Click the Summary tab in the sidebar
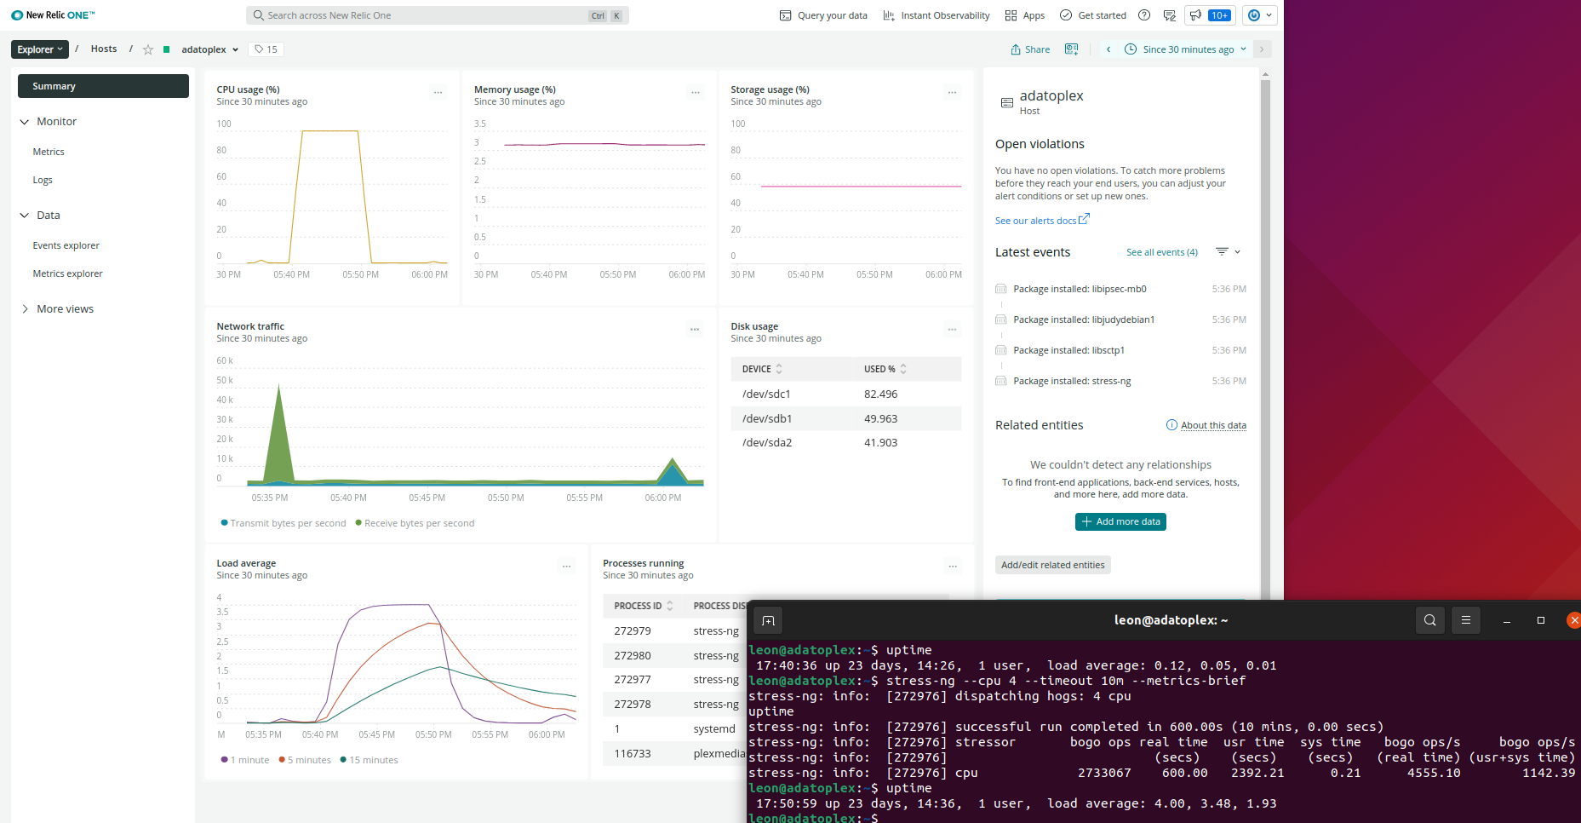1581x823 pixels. tap(103, 86)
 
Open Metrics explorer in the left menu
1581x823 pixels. tap(67, 273)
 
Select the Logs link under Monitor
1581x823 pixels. tap(43, 180)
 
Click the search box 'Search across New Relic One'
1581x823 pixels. tap(426, 15)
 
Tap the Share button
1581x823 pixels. tap(1030, 49)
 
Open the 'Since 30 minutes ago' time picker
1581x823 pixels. tap(1187, 49)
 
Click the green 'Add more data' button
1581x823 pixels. tap(1120, 521)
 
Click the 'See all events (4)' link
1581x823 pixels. tap(1161, 252)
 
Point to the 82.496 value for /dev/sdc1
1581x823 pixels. tap(880, 394)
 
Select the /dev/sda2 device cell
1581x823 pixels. tap(767, 442)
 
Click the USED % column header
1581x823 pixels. tap(880, 369)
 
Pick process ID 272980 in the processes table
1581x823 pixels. tap(633, 655)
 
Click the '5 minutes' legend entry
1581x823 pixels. tap(308, 760)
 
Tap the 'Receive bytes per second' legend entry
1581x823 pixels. tap(418, 523)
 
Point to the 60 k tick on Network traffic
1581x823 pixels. tap(225, 360)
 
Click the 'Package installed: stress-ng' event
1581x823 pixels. tap(1072, 381)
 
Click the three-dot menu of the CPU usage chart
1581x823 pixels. tap(438, 92)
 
